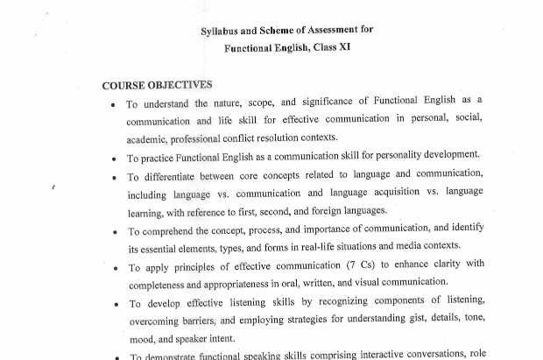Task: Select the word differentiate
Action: point(176,176)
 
